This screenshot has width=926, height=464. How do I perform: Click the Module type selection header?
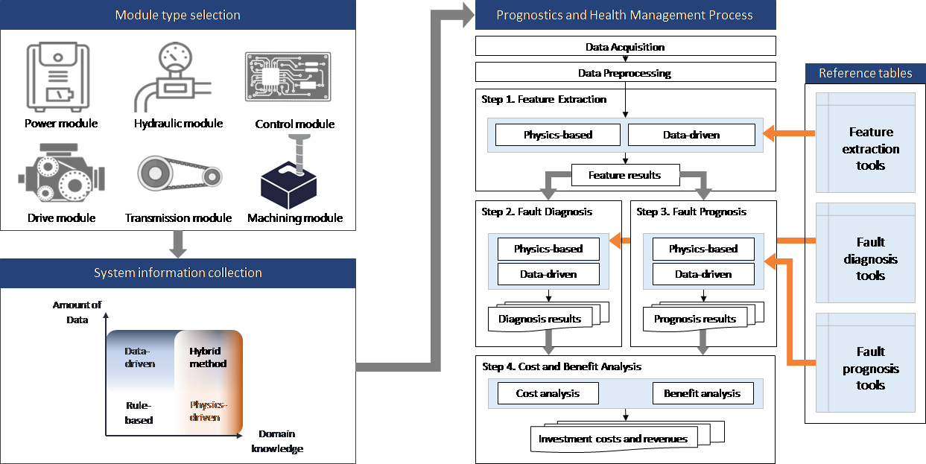(x=177, y=15)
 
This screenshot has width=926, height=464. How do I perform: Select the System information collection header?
(x=177, y=273)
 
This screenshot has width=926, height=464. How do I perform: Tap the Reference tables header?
(x=865, y=73)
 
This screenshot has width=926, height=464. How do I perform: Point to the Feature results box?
(x=624, y=176)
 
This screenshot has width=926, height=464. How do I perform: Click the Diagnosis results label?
(x=539, y=319)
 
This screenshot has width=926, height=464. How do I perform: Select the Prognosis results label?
(x=694, y=319)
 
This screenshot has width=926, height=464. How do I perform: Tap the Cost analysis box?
(x=548, y=393)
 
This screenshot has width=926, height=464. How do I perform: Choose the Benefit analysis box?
(x=702, y=393)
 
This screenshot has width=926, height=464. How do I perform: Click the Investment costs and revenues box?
(x=613, y=439)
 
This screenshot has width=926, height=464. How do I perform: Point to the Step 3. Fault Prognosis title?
(x=691, y=212)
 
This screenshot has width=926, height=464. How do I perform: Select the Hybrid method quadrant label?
(x=208, y=357)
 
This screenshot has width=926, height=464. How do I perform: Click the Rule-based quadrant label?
(x=139, y=413)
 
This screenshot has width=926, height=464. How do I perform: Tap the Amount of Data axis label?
(x=77, y=312)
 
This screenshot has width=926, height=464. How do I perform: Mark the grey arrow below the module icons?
(x=177, y=244)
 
